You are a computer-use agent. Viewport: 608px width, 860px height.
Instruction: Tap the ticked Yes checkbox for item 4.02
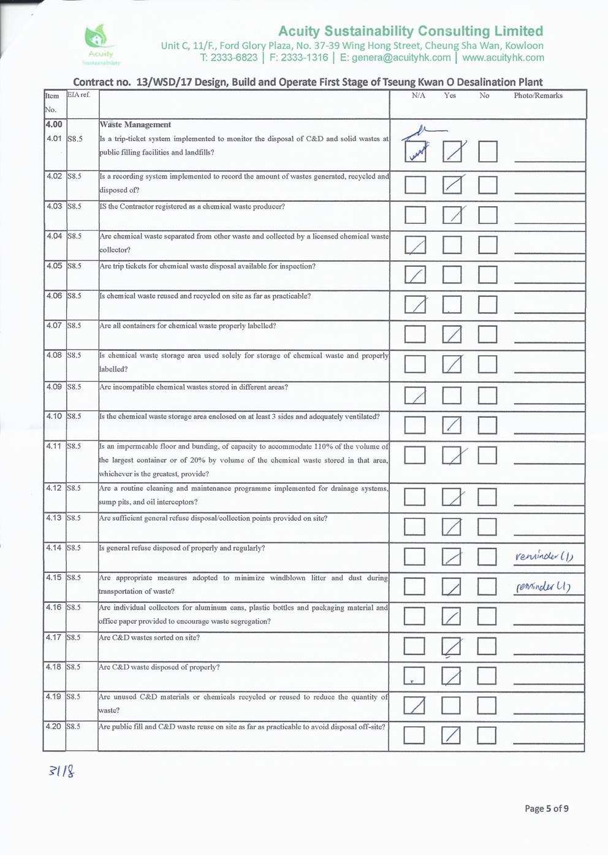point(452,185)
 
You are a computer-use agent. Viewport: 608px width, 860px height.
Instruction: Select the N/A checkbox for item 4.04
point(415,245)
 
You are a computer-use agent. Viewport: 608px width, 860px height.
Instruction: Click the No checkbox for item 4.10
point(487,424)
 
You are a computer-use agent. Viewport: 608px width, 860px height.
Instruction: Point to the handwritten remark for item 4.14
point(544,556)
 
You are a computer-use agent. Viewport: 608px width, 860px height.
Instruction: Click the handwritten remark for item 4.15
point(543,586)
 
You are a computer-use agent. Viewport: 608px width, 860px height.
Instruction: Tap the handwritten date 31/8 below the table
point(61,770)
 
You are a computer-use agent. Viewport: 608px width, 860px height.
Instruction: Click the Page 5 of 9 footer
point(546,808)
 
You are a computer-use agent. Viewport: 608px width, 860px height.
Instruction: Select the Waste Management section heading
point(135,125)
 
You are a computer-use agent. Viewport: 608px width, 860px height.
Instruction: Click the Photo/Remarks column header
point(538,96)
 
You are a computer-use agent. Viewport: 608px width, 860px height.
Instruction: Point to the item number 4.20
point(54,726)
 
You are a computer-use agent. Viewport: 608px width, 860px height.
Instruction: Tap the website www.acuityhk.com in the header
point(503,58)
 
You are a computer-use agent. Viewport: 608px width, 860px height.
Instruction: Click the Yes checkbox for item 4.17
point(451,646)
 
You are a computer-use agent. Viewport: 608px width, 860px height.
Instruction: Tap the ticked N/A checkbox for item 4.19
point(414,705)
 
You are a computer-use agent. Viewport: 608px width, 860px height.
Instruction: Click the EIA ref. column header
point(78,95)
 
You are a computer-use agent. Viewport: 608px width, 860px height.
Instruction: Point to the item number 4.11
point(54,446)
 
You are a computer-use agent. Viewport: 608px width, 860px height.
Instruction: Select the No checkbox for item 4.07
point(487,334)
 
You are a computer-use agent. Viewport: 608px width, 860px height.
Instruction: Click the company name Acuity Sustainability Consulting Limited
point(410,31)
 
